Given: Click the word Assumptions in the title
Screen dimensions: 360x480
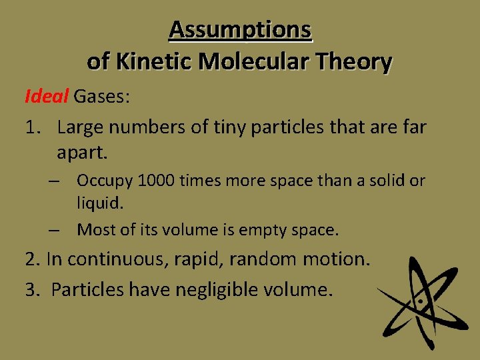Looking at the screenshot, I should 240,29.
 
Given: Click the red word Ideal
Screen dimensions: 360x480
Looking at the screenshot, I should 46,97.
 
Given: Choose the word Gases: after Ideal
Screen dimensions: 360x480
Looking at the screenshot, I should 102,97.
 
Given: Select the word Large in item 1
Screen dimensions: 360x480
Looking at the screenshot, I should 81,127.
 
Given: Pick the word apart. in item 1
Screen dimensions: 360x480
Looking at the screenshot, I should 82,153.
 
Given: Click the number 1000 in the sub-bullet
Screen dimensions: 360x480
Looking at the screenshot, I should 151,180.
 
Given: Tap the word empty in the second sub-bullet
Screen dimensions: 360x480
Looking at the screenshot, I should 266,231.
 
